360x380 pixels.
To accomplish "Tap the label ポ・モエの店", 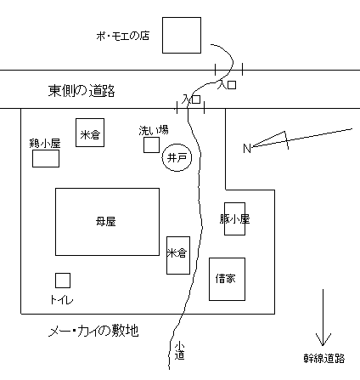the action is click(x=122, y=36).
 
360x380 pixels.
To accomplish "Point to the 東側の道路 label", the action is click(x=82, y=91).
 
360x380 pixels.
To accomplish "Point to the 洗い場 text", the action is click(x=154, y=130).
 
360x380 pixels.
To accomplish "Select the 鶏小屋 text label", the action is click(x=45, y=144).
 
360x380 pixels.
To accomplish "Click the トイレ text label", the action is click(x=62, y=299).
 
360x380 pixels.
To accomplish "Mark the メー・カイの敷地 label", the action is click(x=93, y=331).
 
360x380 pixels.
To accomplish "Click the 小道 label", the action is click(x=179, y=351).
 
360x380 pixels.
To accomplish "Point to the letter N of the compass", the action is click(x=247, y=148).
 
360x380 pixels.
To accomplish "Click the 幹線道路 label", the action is click(x=324, y=359).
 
